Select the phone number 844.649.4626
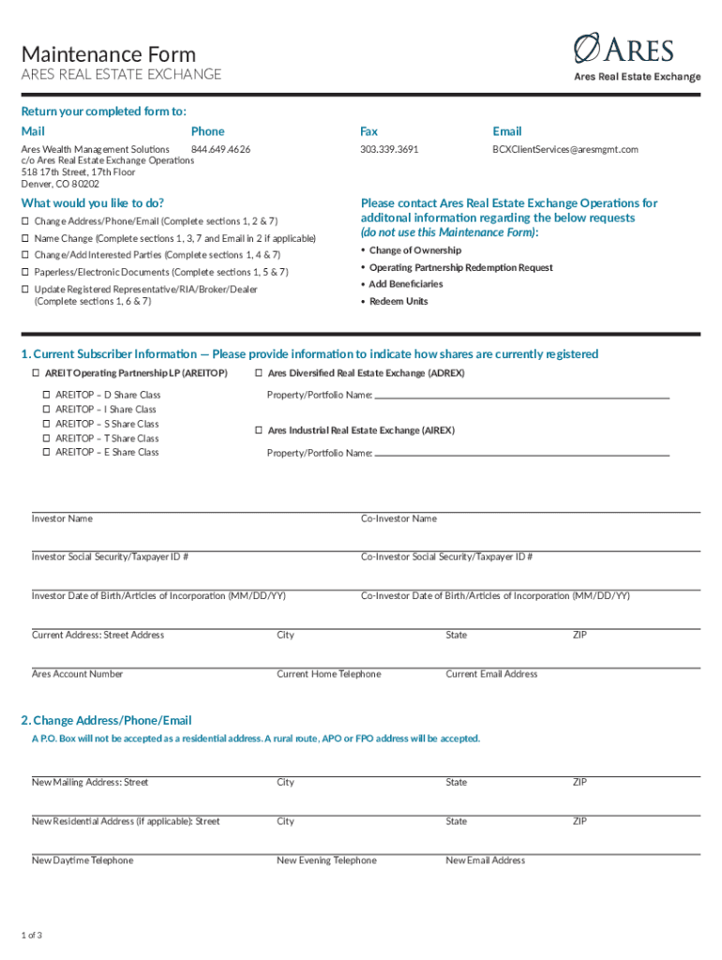point(220,150)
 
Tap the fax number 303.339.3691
point(389,150)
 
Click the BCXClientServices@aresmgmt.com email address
point(565,150)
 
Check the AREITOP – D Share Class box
point(46,396)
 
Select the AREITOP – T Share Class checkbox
point(46,439)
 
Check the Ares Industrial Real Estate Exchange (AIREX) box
point(259,431)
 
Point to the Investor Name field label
point(62,518)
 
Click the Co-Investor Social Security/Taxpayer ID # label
point(447,558)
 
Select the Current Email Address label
point(491,674)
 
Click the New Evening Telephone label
point(326,861)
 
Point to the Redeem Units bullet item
point(399,302)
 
